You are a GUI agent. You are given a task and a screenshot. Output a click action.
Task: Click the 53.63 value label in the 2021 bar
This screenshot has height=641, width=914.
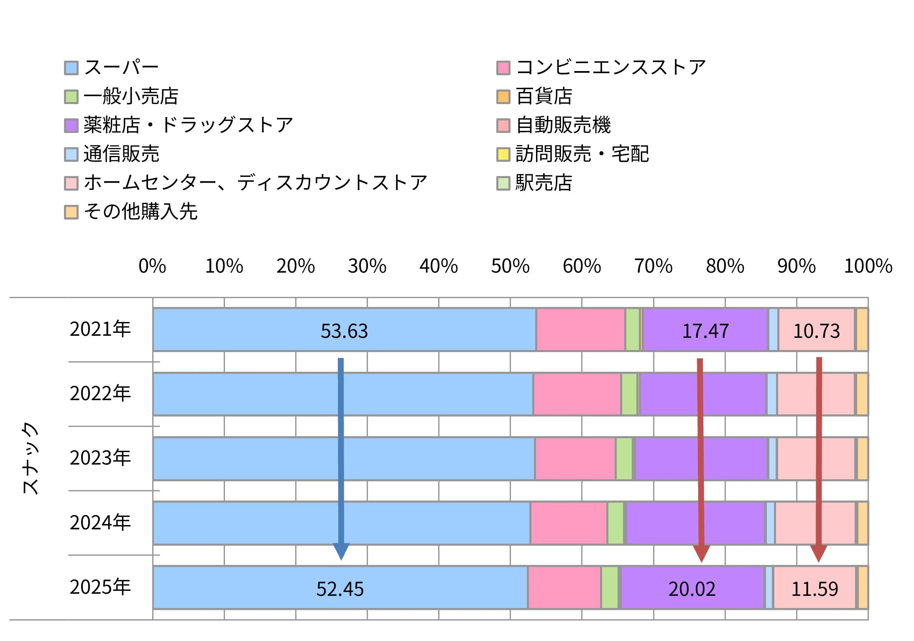coord(344,331)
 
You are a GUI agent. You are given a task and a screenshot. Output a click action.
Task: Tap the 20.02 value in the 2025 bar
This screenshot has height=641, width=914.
coord(692,589)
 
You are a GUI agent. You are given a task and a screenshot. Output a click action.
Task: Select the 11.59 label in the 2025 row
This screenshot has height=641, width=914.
coord(814,589)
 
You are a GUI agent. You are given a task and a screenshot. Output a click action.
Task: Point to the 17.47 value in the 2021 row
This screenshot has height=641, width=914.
coord(705,331)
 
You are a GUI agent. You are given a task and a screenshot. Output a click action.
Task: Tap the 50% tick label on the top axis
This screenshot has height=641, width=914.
coord(510,266)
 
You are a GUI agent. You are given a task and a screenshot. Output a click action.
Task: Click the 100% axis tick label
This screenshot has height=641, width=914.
coord(868,266)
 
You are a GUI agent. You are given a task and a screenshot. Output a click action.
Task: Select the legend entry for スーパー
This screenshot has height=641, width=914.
coord(121,67)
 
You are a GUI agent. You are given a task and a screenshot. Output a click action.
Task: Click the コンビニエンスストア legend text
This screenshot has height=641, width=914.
coord(611,67)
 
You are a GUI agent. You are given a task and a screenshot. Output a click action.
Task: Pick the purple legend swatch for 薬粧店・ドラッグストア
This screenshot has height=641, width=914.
coord(71,125)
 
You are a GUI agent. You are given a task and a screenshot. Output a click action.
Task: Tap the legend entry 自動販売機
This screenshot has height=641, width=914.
coord(563,125)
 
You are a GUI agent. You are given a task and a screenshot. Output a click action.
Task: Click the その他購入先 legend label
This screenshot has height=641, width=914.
coord(140,212)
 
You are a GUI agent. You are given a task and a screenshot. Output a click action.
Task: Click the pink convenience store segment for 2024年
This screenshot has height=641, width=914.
coord(569,523)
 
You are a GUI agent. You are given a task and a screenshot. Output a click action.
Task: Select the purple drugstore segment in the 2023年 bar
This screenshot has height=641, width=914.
coord(701,459)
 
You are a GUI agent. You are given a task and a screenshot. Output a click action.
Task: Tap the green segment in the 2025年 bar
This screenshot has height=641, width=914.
coord(610,587)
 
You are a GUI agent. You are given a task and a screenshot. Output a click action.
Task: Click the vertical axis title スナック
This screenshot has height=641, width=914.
coord(30,458)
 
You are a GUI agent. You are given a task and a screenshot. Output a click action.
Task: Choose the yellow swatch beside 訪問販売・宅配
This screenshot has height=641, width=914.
coord(503,154)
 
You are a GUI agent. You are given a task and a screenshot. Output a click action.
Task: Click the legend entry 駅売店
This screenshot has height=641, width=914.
coord(544,183)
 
